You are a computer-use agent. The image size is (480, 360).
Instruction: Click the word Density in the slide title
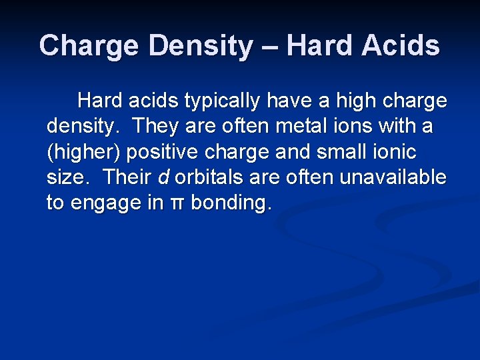[201, 46]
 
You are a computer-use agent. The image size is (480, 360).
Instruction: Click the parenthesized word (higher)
[83, 152]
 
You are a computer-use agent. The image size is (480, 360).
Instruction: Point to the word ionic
[394, 152]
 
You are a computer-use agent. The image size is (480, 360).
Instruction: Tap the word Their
[127, 177]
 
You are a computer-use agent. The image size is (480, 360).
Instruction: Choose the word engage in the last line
[104, 203]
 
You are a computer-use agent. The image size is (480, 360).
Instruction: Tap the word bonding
[231, 203]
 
